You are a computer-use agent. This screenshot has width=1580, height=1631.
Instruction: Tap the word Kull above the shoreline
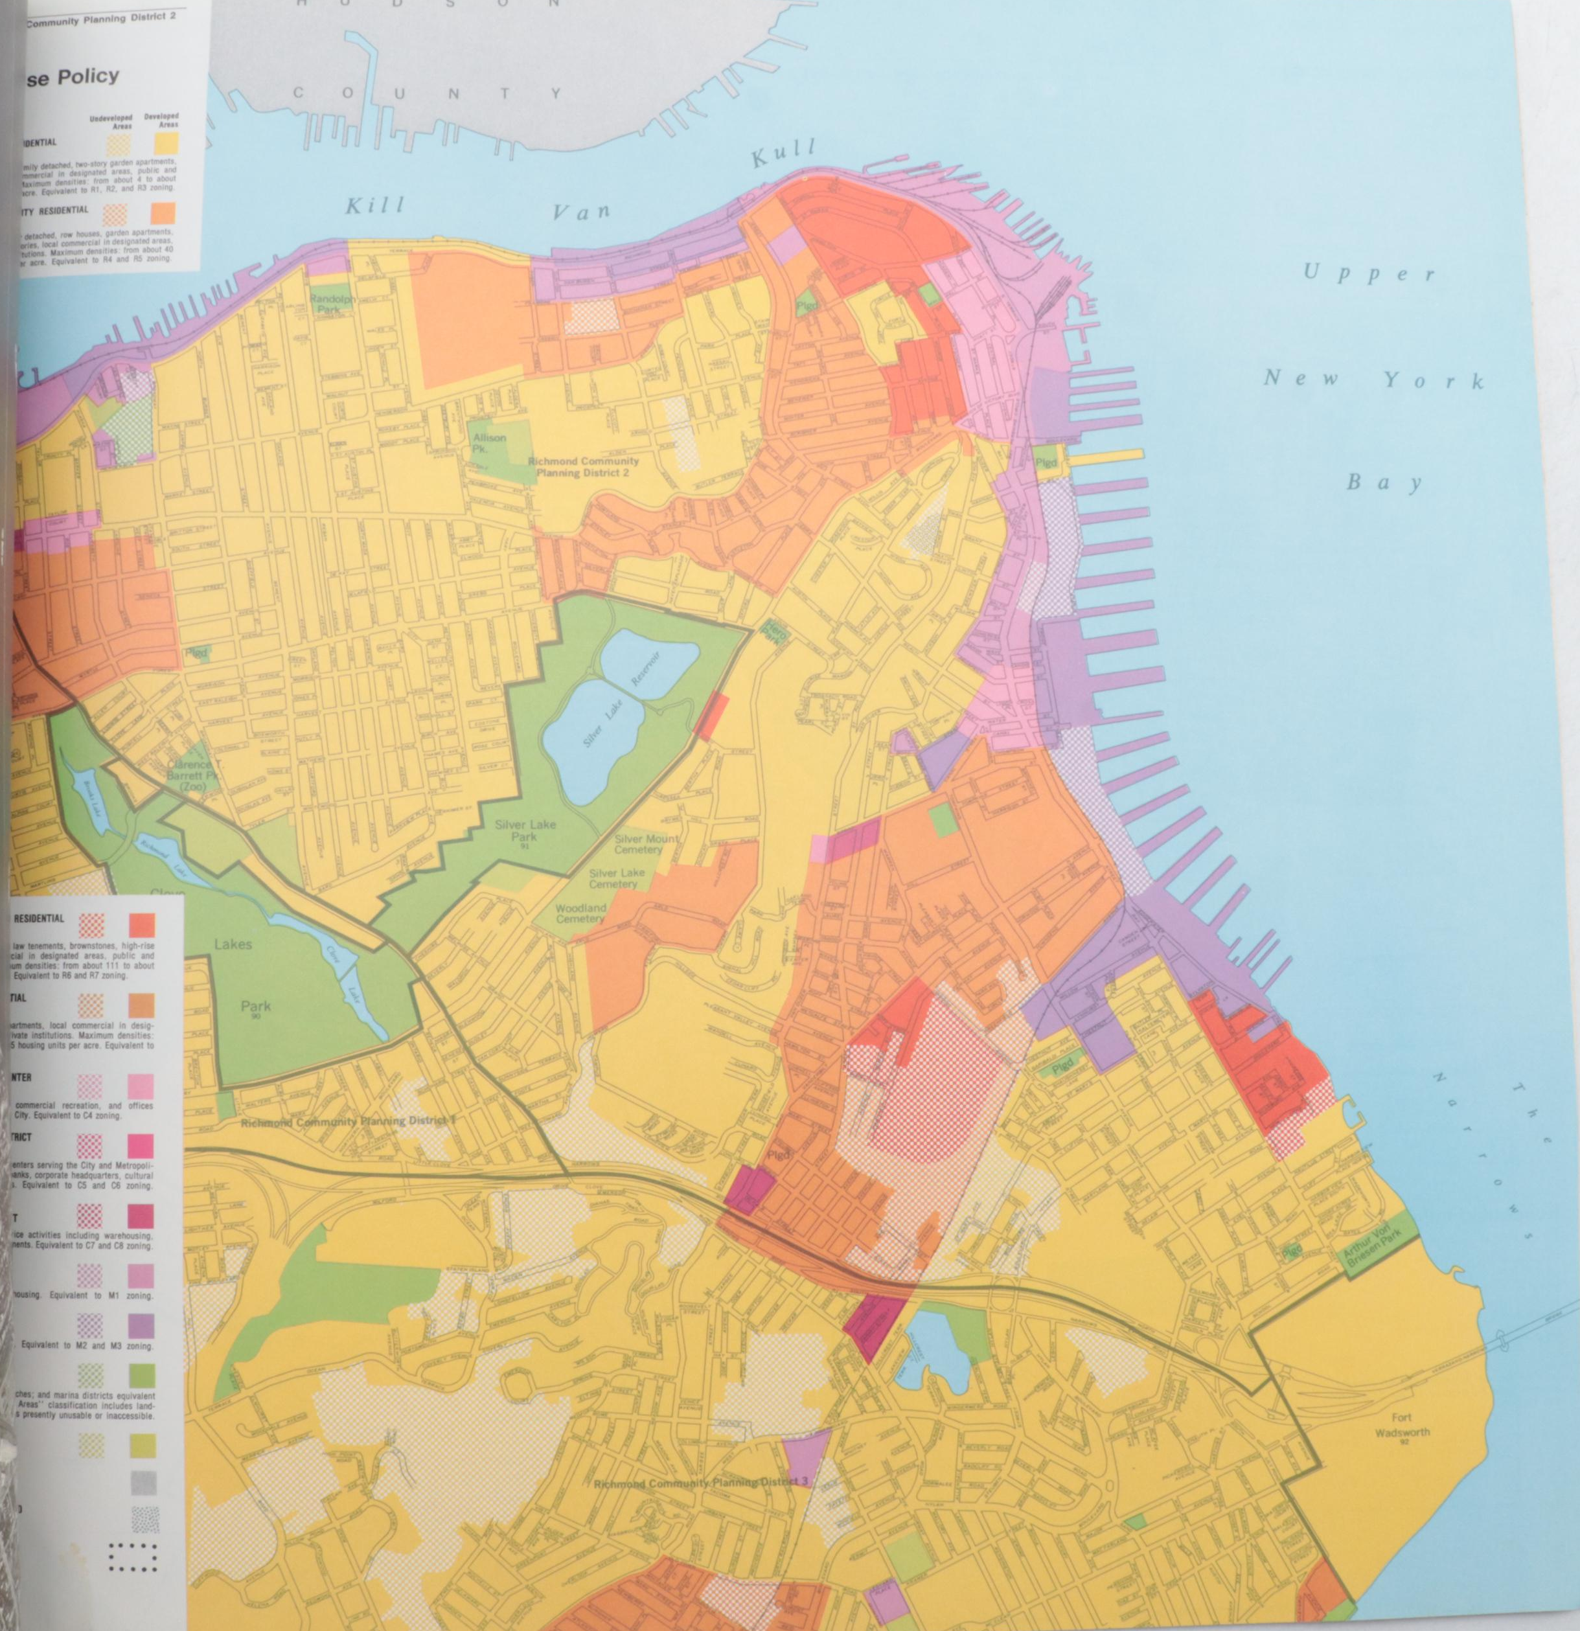(x=783, y=155)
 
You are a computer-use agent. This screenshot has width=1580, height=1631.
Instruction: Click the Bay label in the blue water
(x=1383, y=483)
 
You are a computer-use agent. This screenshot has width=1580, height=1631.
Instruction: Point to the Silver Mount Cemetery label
(x=647, y=845)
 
